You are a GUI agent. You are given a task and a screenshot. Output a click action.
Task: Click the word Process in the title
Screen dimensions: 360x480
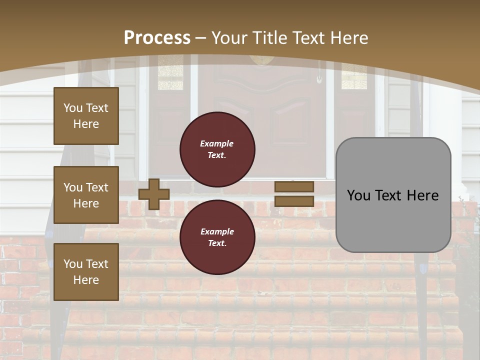[x=157, y=38]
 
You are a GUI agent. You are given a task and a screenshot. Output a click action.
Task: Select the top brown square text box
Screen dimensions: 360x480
[x=86, y=116]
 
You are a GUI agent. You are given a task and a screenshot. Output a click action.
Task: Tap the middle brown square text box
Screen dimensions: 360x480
[x=86, y=195]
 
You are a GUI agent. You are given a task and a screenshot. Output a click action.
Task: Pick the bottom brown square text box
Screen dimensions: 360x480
[x=86, y=272]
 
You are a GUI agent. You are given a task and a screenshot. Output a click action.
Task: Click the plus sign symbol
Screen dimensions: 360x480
[x=154, y=194]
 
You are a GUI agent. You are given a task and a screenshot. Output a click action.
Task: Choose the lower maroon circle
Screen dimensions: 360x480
[x=217, y=237]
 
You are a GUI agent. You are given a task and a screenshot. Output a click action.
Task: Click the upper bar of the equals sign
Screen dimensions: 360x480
[x=294, y=186]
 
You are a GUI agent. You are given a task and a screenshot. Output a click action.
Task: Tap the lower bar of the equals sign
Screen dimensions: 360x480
[x=294, y=201]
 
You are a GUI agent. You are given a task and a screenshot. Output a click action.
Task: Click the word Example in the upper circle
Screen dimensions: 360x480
[x=216, y=143]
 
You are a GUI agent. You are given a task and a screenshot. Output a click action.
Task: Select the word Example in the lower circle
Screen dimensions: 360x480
[x=217, y=231]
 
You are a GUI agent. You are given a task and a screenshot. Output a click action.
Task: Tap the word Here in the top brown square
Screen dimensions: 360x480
[x=86, y=124]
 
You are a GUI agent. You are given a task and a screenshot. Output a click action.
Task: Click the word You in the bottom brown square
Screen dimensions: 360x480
[x=73, y=264]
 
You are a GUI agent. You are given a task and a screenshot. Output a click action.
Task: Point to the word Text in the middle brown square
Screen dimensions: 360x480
[x=96, y=187]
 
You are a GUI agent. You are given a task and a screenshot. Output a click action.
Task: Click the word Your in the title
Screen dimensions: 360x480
[x=229, y=38]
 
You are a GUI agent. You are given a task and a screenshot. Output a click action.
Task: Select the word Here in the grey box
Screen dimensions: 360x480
[x=423, y=195]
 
